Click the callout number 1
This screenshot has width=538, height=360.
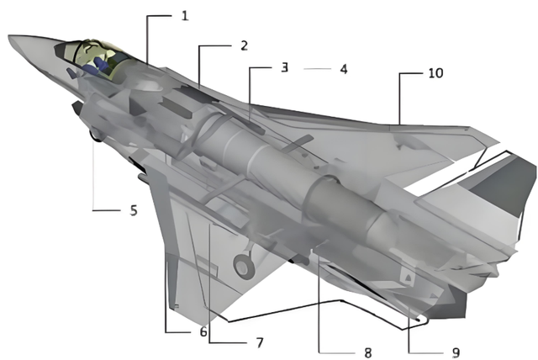point(185,16)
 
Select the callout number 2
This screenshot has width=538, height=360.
point(244,45)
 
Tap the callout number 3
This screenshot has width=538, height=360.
point(284,67)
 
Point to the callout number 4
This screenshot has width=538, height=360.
point(344,69)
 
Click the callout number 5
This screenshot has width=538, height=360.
point(134,210)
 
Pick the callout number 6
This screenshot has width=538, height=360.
point(203,332)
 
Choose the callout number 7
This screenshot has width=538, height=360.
point(260,342)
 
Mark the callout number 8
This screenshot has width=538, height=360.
point(368,352)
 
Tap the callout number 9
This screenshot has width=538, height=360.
point(456,352)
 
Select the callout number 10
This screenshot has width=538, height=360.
point(435,73)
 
